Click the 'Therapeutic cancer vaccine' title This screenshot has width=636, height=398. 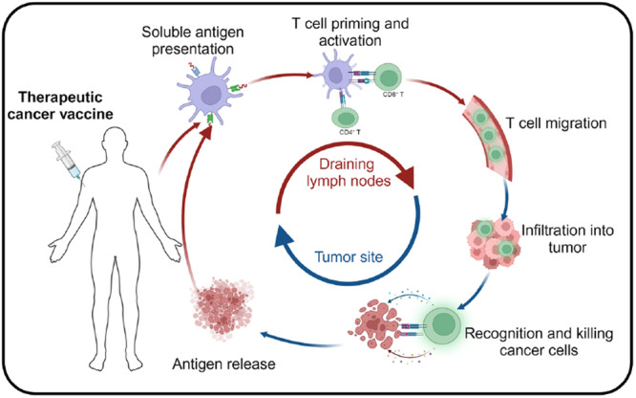(x=60, y=105)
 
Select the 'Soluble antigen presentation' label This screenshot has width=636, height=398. (x=193, y=40)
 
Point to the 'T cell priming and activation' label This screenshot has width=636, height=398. (x=350, y=32)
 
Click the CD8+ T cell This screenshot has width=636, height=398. (x=388, y=77)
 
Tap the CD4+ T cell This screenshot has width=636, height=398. (x=346, y=118)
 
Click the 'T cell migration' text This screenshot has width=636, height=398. (x=556, y=123)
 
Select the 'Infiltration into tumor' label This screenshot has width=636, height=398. (x=567, y=238)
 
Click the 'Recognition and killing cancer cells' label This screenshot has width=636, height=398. (x=539, y=342)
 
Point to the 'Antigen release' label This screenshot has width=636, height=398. (x=223, y=364)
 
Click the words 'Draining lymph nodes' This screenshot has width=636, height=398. (x=348, y=172)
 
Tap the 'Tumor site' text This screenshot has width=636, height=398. (x=349, y=257)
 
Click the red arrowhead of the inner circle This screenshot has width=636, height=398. (x=407, y=178)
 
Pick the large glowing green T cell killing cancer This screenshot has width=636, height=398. (x=442, y=325)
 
